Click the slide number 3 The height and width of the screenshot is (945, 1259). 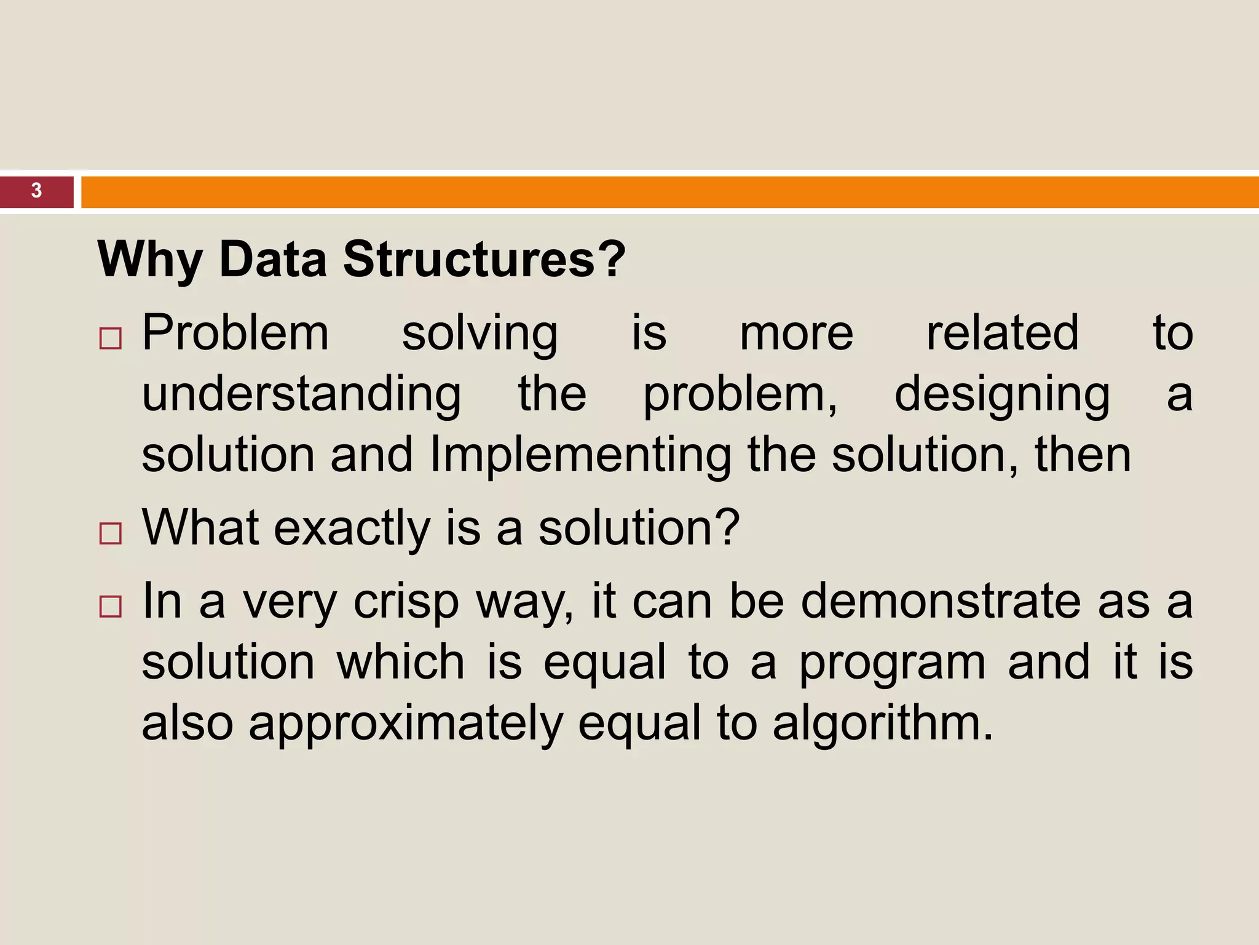click(x=36, y=191)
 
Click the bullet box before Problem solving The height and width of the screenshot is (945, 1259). click(x=111, y=338)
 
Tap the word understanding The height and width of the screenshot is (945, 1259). click(x=301, y=394)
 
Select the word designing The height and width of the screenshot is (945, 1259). click(x=1002, y=394)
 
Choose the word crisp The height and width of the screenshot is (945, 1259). click(x=406, y=602)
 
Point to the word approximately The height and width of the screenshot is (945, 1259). click(x=406, y=724)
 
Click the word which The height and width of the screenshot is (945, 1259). click(x=400, y=662)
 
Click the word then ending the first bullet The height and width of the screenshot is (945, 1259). click(x=1083, y=455)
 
